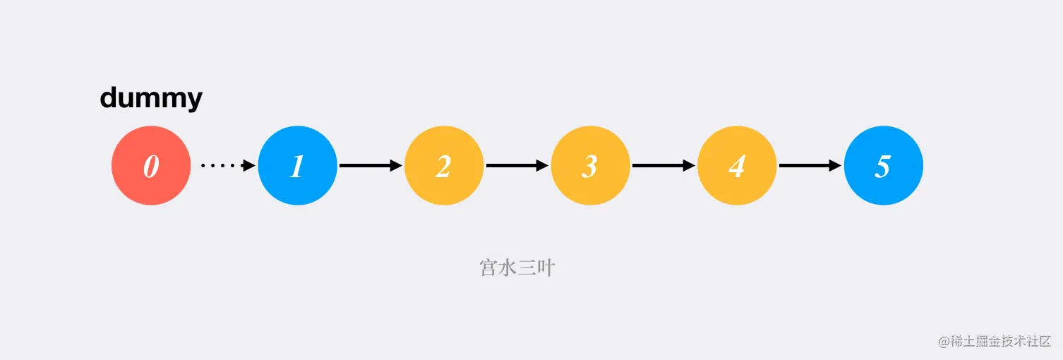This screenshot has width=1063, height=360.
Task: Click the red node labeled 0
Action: click(x=151, y=166)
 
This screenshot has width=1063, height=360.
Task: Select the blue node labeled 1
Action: click(x=297, y=166)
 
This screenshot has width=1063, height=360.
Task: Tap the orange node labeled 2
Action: click(x=443, y=166)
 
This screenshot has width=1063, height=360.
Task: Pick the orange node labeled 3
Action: click(x=590, y=166)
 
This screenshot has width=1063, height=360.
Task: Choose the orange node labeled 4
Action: click(x=736, y=166)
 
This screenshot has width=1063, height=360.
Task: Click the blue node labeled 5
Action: click(x=883, y=166)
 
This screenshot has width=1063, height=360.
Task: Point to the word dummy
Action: click(x=151, y=98)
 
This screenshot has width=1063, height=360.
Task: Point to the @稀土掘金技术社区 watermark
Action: click(x=995, y=341)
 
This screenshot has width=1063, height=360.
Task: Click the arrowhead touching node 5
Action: click(x=835, y=166)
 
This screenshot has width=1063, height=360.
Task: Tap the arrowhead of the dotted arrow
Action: click(x=248, y=166)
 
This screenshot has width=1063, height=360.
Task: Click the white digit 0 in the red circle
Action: click(x=151, y=167)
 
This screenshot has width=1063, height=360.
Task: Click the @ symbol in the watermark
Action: click(x=944, y=342)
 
